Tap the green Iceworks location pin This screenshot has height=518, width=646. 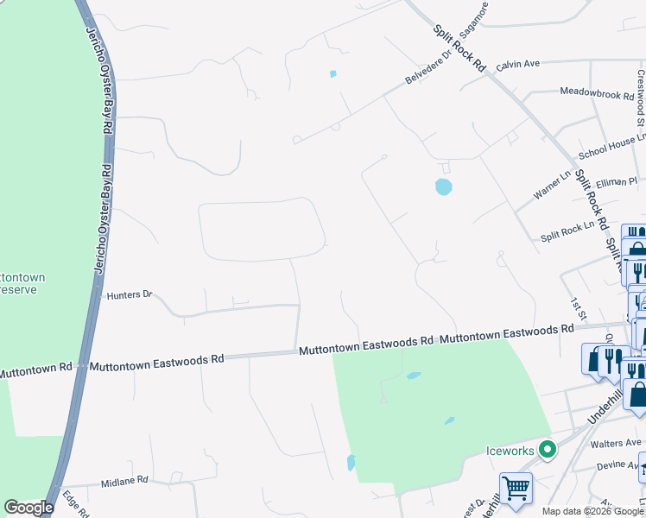tap(546, 450)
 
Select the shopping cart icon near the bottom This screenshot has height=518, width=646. tap(516, 488)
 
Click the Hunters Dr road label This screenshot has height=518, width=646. tap(130, 295)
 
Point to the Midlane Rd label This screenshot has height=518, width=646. tap(124, 480)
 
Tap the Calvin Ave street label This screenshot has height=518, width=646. tap(517, 64)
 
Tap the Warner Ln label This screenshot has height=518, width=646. tap(552, 186)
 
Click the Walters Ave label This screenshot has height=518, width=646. tap(615, 444)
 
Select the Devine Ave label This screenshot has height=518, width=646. tap(618, 466)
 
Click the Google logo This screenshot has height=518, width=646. tap(28, 508)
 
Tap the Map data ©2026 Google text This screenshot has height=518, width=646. tap(591, 511)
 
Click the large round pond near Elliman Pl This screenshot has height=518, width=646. tap(443, 186)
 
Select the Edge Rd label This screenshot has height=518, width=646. tap(77, 505)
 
